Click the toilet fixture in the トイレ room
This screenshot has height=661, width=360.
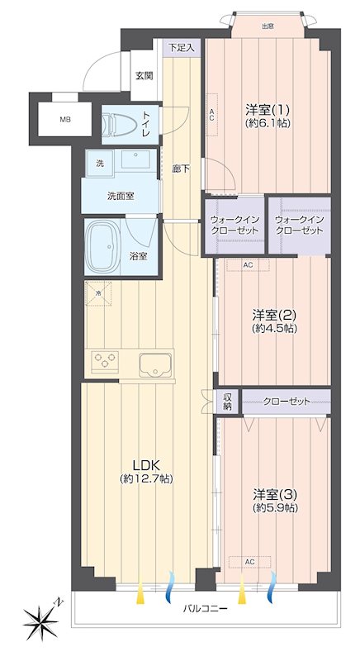tap(120, 125)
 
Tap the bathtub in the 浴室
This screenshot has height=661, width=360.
tap(103, 246)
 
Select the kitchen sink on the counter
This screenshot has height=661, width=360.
tap(156, 364)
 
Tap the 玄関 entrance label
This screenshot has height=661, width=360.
tap(144, 76)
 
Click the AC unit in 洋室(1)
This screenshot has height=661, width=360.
tap(212, 115)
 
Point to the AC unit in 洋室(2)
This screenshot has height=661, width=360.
tap(248, 265)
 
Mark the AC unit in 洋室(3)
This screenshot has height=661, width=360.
tap(249, 562)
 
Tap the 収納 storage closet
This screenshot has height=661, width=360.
tap(228, 402)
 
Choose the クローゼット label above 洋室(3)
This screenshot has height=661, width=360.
tap(287, 401)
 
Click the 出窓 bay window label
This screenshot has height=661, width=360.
tap(268, 26)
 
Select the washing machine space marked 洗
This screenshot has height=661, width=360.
tap(100, 164)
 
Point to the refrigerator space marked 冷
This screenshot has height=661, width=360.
tap(98, 293)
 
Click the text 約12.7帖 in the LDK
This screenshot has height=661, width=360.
tap(145, 478)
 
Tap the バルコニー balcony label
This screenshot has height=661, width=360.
tap(205, 609)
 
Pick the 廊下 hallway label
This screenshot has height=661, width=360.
tap(182, 169)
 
